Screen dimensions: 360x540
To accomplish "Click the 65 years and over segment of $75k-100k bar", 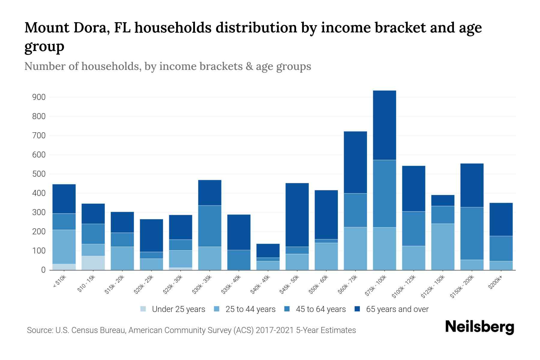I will click(x=384, y=125).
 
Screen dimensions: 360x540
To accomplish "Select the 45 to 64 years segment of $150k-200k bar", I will click(x=472, y=233).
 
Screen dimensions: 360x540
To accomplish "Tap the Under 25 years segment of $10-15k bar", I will click(x=93, y=263).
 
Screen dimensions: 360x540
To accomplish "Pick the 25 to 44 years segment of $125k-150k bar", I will click(x=442, y=247).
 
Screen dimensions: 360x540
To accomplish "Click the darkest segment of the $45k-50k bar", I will click(x=297, y=215).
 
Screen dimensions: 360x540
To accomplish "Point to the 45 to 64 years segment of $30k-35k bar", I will click(x=210, y=226).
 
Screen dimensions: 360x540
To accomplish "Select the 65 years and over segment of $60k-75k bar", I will click(x=355, y=162).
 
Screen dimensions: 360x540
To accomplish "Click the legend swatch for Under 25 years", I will click(x=143, y=309).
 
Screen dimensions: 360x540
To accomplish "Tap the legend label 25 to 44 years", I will click(x=250, y=309).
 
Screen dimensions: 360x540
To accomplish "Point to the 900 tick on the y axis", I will click(x=39, y=97).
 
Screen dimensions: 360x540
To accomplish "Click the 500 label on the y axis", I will click(x=39, y=174).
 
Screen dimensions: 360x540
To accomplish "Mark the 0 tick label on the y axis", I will click(x=43, y=270).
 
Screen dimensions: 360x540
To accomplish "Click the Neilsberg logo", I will click(x=479, y=327).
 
